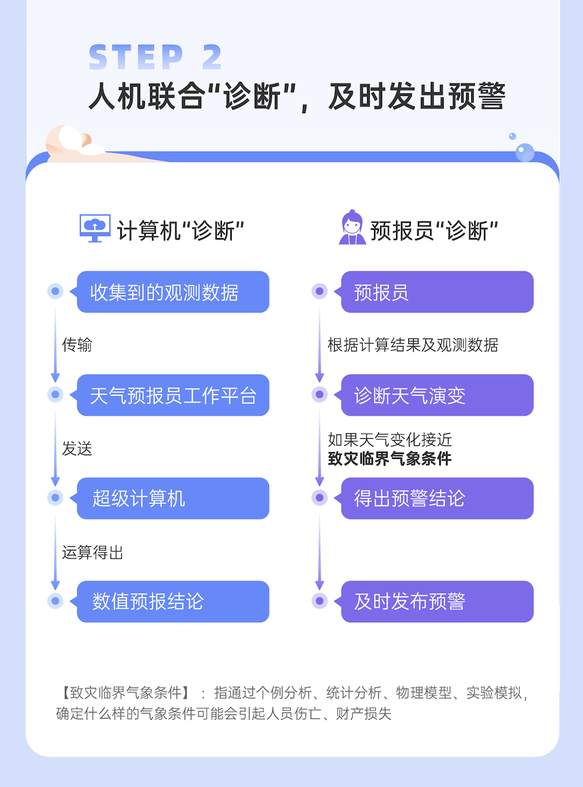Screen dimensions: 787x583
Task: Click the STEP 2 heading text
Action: (x=155, y=57)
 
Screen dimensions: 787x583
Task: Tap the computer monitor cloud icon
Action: (x=95, y=228)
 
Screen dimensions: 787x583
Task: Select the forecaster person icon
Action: (x=352, y=228)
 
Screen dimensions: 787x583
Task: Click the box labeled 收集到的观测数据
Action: (x=173, y=292)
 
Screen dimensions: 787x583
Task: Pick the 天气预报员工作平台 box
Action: (x=173, y=395)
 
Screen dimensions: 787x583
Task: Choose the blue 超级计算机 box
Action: (x=173, y=499)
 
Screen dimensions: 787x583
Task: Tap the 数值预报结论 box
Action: (x=173, y=602)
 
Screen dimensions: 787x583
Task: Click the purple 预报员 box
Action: (x=437, y=292)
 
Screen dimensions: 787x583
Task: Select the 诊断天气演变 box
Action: (x=437, y=395)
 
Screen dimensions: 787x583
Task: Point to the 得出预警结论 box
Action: (x=437, y=499)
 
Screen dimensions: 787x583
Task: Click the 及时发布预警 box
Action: (x=437, y=602)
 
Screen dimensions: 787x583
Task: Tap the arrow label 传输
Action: (x=77, y=345)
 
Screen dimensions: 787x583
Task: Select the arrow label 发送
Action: (x=77, y=448)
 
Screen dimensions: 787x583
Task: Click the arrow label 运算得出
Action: (x=93, y=552)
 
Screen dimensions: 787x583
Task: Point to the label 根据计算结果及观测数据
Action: (x=413, y=345)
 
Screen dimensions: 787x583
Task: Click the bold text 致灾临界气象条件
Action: (x=390, y=458)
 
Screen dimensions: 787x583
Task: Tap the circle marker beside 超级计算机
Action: (x=56, y=498)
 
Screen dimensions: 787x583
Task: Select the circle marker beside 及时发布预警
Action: (x=320, y=601)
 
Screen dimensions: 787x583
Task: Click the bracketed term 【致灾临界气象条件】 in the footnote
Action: (x=126, y=692)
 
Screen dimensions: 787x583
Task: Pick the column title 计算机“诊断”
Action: (x=180, y=231)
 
